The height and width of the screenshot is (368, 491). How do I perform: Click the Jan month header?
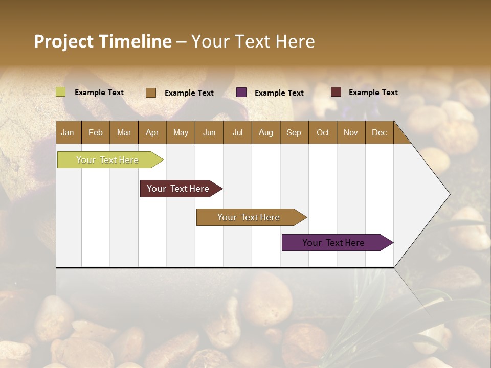coord(68,132)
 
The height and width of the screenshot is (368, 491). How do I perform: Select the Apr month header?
coord(152,132)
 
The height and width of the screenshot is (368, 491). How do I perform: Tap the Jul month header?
coord(237,132)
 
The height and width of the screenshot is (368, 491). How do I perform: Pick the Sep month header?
coord(294,132)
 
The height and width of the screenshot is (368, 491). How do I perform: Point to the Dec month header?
coord(379,132)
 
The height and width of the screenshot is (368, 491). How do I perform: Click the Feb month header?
coord(96,132)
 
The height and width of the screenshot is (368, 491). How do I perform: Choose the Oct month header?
coord(323,132)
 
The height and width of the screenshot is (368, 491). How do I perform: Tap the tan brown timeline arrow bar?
coord(249,217)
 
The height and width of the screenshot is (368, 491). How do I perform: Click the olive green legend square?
coord(61,92)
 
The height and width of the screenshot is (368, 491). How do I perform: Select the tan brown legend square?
coord(151,93)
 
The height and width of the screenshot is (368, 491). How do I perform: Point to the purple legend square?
coord(241,93)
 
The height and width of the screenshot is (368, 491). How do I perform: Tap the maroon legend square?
coord(336,92)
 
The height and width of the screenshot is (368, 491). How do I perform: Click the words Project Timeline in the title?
coord(102,41)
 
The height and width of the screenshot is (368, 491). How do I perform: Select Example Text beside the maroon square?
coord(373,93)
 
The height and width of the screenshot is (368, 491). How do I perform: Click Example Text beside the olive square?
coord(99,93)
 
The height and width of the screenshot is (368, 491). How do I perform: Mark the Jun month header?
coord(209,132)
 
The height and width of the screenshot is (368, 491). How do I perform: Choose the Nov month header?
coord(351,132)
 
